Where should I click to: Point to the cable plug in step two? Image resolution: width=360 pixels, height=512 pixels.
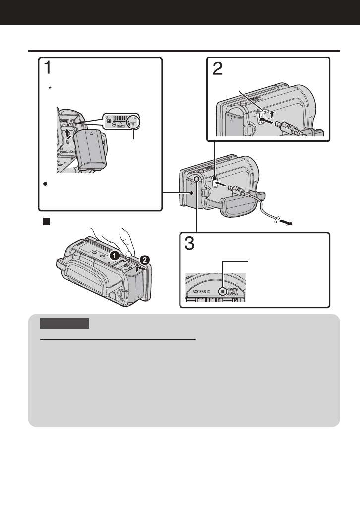point(288,128)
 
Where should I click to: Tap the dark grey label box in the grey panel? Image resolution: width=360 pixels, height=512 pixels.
point(64,323)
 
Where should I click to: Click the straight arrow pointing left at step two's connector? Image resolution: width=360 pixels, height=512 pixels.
point(265,120)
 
